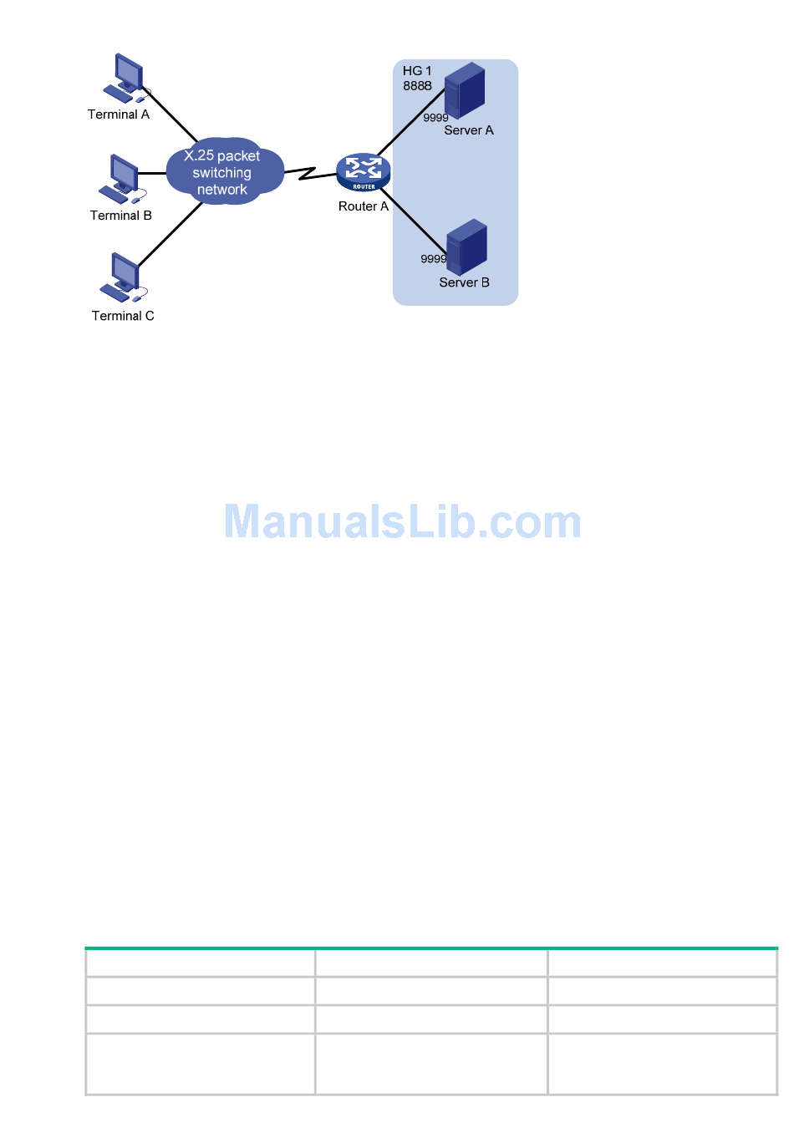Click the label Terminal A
click(x=119, y=114)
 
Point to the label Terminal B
click(x=121, y=216)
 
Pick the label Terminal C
click(x=123, y=316)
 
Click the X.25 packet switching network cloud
click(x=222, y=172)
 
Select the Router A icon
click(x=364, y=172)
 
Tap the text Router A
click(x=364, y=206)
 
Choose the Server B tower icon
click(x=466, y=246)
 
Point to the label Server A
click(x=469, y=130)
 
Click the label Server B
click(x=465, y=282)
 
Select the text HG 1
click(x=417, y=71)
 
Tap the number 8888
click(x=417, y=86)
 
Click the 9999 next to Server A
click(x=435, y=118)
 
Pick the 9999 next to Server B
click(x=433, y=259)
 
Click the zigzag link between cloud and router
click(x=310, y=173)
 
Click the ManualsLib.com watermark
click(x=402, y=522)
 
